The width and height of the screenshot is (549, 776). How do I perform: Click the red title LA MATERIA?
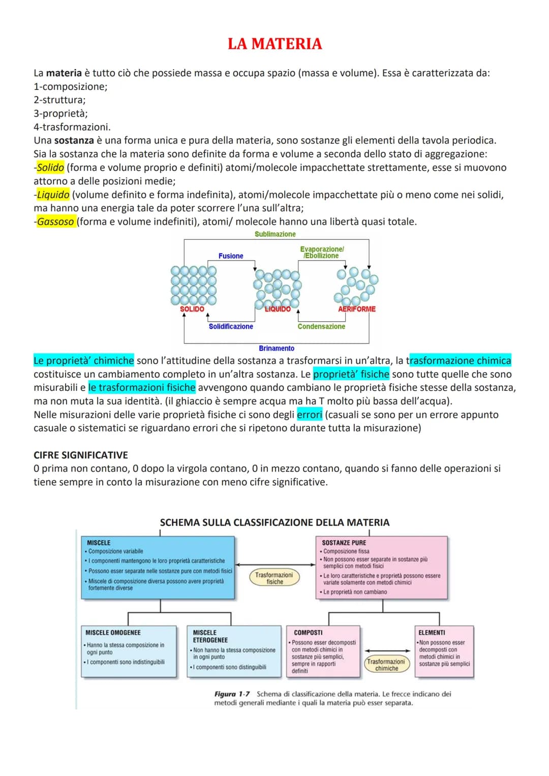coord(274,44)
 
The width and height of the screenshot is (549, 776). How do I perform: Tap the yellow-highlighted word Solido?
coord(50,168)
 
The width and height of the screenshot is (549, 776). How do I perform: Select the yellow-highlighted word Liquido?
coord(53,195)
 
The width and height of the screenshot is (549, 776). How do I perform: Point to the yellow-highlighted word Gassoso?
coord(55,222)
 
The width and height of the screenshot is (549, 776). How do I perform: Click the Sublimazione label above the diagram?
coord(275,234)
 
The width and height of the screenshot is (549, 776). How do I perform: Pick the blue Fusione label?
coord(231,256)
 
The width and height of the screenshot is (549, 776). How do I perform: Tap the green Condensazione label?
coord(321,327)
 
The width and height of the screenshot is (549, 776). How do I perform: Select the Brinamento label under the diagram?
coord(277,349)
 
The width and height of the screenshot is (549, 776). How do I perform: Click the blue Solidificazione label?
coord(231,327)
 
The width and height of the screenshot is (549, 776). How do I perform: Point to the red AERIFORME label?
coord(357,309)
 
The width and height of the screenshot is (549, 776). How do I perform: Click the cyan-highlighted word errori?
coord(310,415)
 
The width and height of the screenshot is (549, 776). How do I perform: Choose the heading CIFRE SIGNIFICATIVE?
coord(81,455)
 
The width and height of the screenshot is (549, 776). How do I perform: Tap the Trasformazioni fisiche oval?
coord(274,578)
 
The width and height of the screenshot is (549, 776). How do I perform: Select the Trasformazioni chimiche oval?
coord(386,665)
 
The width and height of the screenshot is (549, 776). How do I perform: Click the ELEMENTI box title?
coord(432,633)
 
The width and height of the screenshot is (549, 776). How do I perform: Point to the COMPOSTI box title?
coord(308,633)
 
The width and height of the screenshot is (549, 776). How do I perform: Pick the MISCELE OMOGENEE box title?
coord(113,633)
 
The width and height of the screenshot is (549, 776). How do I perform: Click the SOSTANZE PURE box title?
coord(344,543)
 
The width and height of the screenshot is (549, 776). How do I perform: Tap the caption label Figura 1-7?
coord(232,694)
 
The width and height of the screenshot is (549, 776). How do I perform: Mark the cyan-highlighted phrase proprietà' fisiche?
coord(351,374)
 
